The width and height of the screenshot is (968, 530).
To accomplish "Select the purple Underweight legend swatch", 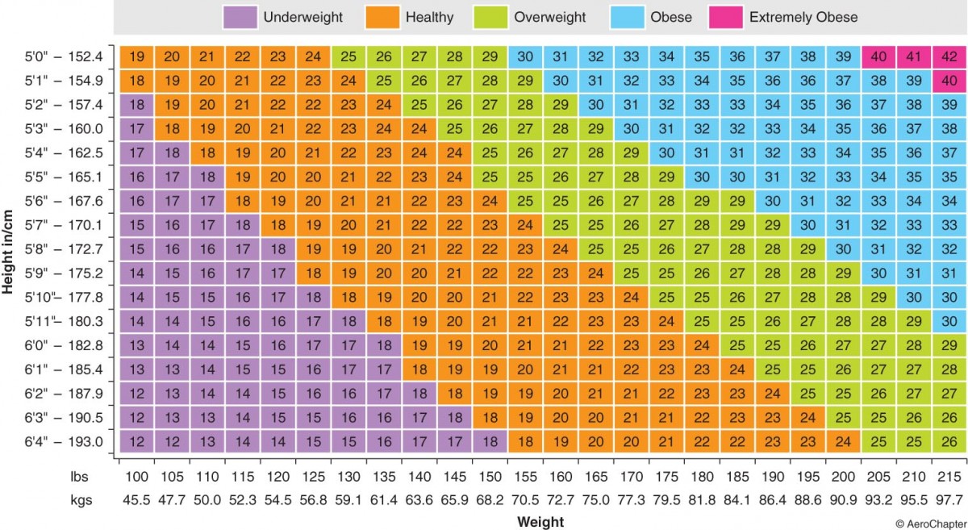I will click(240, 16).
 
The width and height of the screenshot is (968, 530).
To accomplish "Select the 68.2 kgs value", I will click(490, 499).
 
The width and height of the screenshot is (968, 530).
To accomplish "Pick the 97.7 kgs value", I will click(949, 499).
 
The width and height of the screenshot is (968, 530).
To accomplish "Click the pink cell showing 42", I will click(949, 57).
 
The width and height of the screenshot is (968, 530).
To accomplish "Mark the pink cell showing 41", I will click(914, 57).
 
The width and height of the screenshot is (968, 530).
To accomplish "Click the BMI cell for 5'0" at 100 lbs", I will click(137, 57).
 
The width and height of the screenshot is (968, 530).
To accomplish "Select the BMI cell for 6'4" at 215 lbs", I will click(949, 441).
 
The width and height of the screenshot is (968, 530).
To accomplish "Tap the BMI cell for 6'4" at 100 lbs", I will click(137, 441).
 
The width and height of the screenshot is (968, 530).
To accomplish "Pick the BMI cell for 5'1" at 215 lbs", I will click(949, 81).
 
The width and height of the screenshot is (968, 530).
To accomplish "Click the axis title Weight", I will click(540, 521).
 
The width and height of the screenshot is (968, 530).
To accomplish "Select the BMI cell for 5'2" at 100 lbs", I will click(137, 105).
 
